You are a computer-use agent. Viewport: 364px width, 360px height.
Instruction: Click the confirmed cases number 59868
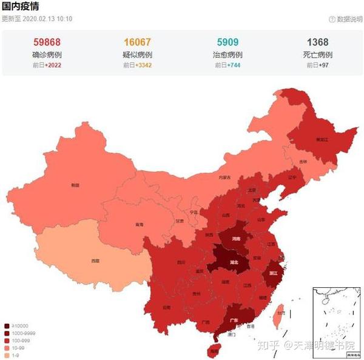(x=46, y=42)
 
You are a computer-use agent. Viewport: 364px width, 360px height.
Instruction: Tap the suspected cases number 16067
(x=137, y=42)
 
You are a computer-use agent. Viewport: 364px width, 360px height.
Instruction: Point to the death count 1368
(x=318, y=42)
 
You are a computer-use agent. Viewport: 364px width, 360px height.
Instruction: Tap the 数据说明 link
(x=348, y=19)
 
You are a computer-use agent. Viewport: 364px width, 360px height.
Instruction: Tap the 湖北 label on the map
(x=234, y=263)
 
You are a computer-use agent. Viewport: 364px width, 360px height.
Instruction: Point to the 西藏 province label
(x=95, y=261)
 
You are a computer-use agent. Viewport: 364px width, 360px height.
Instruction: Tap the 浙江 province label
(x=273, y=273)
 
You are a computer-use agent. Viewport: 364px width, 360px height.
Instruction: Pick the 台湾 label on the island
(x=280, y=313)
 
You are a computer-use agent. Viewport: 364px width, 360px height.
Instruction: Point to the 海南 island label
(x=213, y=350)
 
